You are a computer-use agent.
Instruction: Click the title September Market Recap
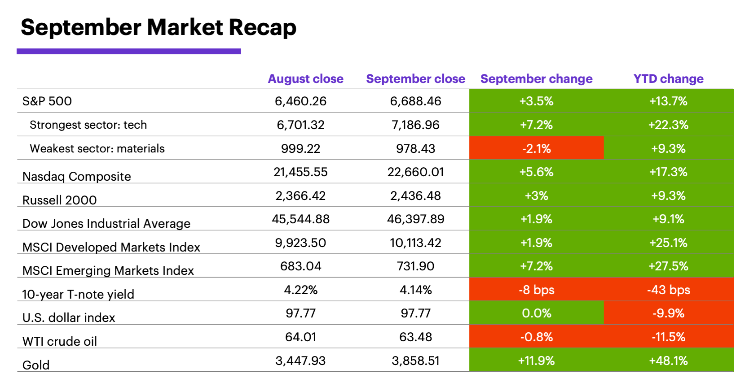click(x=158, y=28)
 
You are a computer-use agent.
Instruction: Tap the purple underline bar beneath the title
click(x=128, y=52)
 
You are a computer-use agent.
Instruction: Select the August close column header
click(x=305, y=79)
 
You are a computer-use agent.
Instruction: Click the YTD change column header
click(x=668, y=79)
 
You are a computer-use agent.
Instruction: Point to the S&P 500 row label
click(x=47, y=101)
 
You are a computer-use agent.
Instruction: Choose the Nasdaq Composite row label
click(x=77, y=177)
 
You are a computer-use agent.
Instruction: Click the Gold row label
click(x=36, y=365)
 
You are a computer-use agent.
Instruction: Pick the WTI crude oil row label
click(x=60, y=342)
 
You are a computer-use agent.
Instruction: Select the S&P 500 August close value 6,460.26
click(x=300, y=101)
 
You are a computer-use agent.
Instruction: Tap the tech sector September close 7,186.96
click(x=415, y=125)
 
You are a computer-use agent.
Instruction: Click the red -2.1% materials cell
click(x=536, y=148)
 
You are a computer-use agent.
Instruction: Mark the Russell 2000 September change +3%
click(x=536, y=196)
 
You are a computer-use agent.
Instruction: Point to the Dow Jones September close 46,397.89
click(x=415, y=219)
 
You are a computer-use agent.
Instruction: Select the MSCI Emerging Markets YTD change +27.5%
click(x=668, y=266)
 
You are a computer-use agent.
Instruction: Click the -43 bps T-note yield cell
click(x=668, y=290)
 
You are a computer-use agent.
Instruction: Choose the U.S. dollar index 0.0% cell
click(x=536, y=313)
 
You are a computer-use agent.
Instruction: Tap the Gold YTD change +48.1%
click(x=668, y=361)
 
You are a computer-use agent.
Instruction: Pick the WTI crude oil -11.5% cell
click(x=668, y=337)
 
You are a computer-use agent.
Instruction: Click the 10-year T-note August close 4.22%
click(x=300, y=290)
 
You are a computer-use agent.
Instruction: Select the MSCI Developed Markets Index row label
click(x=111, y=248)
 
